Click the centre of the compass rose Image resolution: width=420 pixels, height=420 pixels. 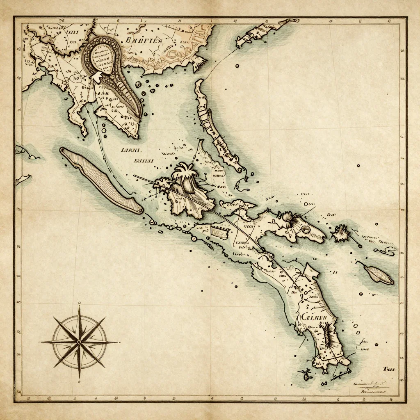coord(79,341)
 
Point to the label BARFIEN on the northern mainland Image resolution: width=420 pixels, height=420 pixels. coord(143,40)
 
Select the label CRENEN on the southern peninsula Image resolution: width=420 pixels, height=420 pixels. coord(314,317)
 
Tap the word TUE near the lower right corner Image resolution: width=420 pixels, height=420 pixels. coord(388,369)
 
